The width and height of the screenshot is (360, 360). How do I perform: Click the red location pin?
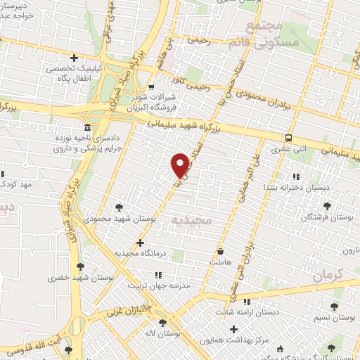(180, 165)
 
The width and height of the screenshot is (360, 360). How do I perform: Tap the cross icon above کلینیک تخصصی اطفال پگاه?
(75, 58)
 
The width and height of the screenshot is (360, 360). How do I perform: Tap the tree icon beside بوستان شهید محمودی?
(119, 207)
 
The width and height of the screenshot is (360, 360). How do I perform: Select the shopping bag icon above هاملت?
(221, 250)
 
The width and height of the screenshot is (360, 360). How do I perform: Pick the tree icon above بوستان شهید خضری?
(79, 266)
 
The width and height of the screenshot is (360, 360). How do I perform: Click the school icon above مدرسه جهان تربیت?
(158, 275)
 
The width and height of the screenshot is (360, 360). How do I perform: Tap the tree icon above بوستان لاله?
(163, 323)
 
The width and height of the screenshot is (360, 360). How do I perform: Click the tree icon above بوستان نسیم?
(333, 307)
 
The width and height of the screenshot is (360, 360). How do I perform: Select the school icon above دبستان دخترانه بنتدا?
(296, 176)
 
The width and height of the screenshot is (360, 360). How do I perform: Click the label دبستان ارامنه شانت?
(242, 311)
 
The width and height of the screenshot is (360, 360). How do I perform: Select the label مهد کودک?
(18, 184)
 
